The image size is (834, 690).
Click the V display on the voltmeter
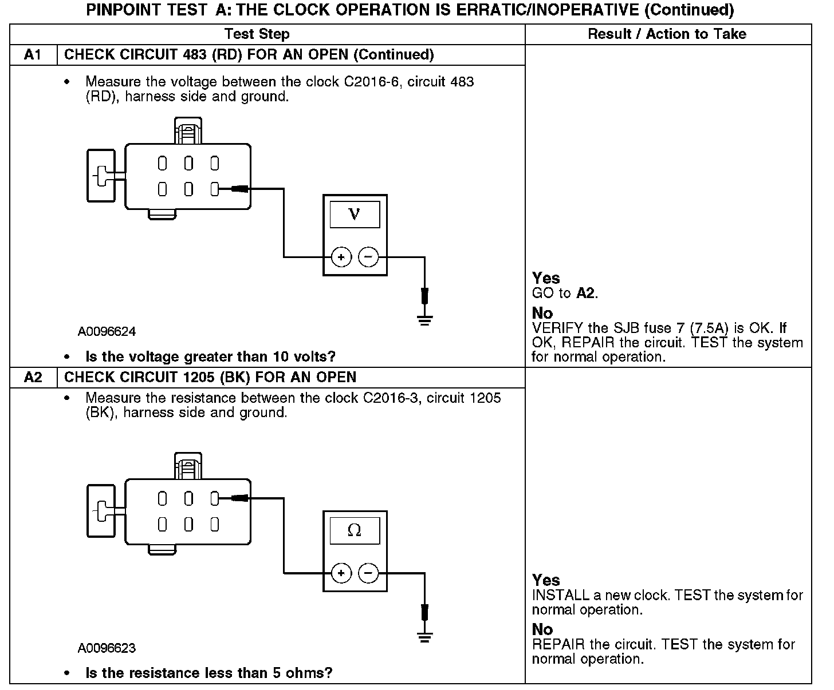(355, 215)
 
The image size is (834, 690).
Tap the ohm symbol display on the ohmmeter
(355, 530)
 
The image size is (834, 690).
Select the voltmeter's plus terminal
(341, 257)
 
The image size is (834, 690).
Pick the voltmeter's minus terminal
(368, 257)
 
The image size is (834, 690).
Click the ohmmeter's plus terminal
(341, 573)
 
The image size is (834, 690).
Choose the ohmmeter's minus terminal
(368, 573)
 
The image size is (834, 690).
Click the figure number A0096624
(107, 332)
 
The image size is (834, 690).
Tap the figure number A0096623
(107, 648)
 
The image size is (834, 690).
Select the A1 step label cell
(33, 55)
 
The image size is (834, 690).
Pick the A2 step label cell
(33, 378)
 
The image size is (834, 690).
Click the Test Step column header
(257, 34)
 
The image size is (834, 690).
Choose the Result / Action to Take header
(667, 34)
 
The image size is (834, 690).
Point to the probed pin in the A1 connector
(215, 189)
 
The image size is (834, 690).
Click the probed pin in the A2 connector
(215, 499)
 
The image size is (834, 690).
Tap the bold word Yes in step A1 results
(546, 278)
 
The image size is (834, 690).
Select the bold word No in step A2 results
(542, 629)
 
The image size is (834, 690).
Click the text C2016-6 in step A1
(368, 82)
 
